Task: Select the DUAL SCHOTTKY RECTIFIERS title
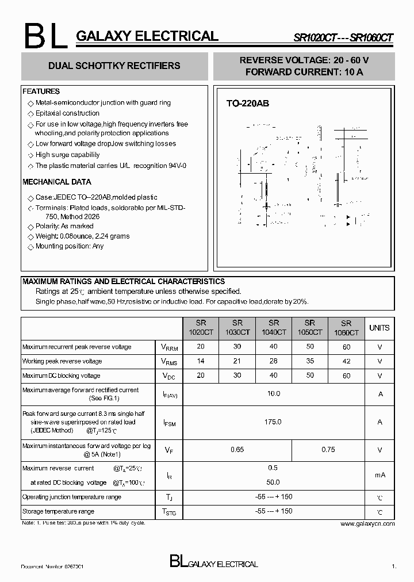[x=114, y=66]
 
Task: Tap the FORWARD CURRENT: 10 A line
[x=304, y=72]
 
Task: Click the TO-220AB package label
[x=247, y=104]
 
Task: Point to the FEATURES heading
[x=41, y=91]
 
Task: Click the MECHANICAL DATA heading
[x=56, y=182]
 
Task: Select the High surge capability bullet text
[x=67, y=155]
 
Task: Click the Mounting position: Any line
[x=70, y=246]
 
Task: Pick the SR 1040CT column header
[x=273, y=328]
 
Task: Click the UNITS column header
[x=379, y=328]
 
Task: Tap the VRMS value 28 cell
[x=273, y=361]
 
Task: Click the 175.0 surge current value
[x=273, y=422]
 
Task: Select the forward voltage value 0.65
[x=237, y=450]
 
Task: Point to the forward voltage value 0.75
[x=328, y=450]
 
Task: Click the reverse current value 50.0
[x=273, y=483]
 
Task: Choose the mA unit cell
[x=379, y=475]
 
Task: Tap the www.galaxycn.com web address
[x=367, y=524]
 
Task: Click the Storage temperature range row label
[x=58, y=511]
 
